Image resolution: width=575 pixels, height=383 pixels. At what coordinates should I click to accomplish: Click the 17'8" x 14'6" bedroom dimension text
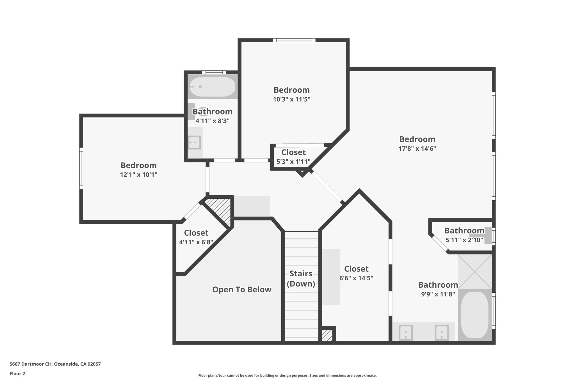[417, 148]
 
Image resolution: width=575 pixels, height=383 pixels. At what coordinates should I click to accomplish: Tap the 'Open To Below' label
[242, 290]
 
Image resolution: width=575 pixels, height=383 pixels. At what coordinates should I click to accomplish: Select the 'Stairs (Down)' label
[301, 278]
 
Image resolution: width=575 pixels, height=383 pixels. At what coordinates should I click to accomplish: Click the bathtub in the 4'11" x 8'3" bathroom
[213, 87]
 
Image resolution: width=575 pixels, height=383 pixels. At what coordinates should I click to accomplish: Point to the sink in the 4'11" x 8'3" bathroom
[194, 143]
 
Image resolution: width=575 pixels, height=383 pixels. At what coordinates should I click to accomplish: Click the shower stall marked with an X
[475, 271]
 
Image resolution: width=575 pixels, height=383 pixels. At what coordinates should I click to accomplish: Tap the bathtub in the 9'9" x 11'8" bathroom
[475, 315]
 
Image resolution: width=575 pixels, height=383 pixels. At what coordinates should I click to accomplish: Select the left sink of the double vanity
[406, 333]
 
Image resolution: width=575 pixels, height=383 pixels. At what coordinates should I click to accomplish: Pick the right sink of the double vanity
[441, 333]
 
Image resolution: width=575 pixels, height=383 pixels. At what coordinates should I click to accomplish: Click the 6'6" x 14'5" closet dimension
[356, 278]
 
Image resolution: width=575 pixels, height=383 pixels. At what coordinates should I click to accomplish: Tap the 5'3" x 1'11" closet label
[293, 162]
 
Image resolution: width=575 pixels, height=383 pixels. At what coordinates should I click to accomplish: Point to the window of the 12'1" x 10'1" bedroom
[81, 168]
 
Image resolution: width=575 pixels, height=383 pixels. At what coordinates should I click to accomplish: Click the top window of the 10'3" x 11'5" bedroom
[294, 40]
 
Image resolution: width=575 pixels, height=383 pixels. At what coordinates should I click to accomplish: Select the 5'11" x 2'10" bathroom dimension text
[464, 240]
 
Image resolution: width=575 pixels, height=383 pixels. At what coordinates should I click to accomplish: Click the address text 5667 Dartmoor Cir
[55, 364]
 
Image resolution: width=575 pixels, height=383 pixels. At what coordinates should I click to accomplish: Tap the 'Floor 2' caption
[17, 373]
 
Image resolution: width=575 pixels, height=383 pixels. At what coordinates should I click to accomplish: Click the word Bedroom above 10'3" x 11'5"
[291, 90]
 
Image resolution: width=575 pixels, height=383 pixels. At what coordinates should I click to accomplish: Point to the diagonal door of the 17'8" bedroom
[327, 187]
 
